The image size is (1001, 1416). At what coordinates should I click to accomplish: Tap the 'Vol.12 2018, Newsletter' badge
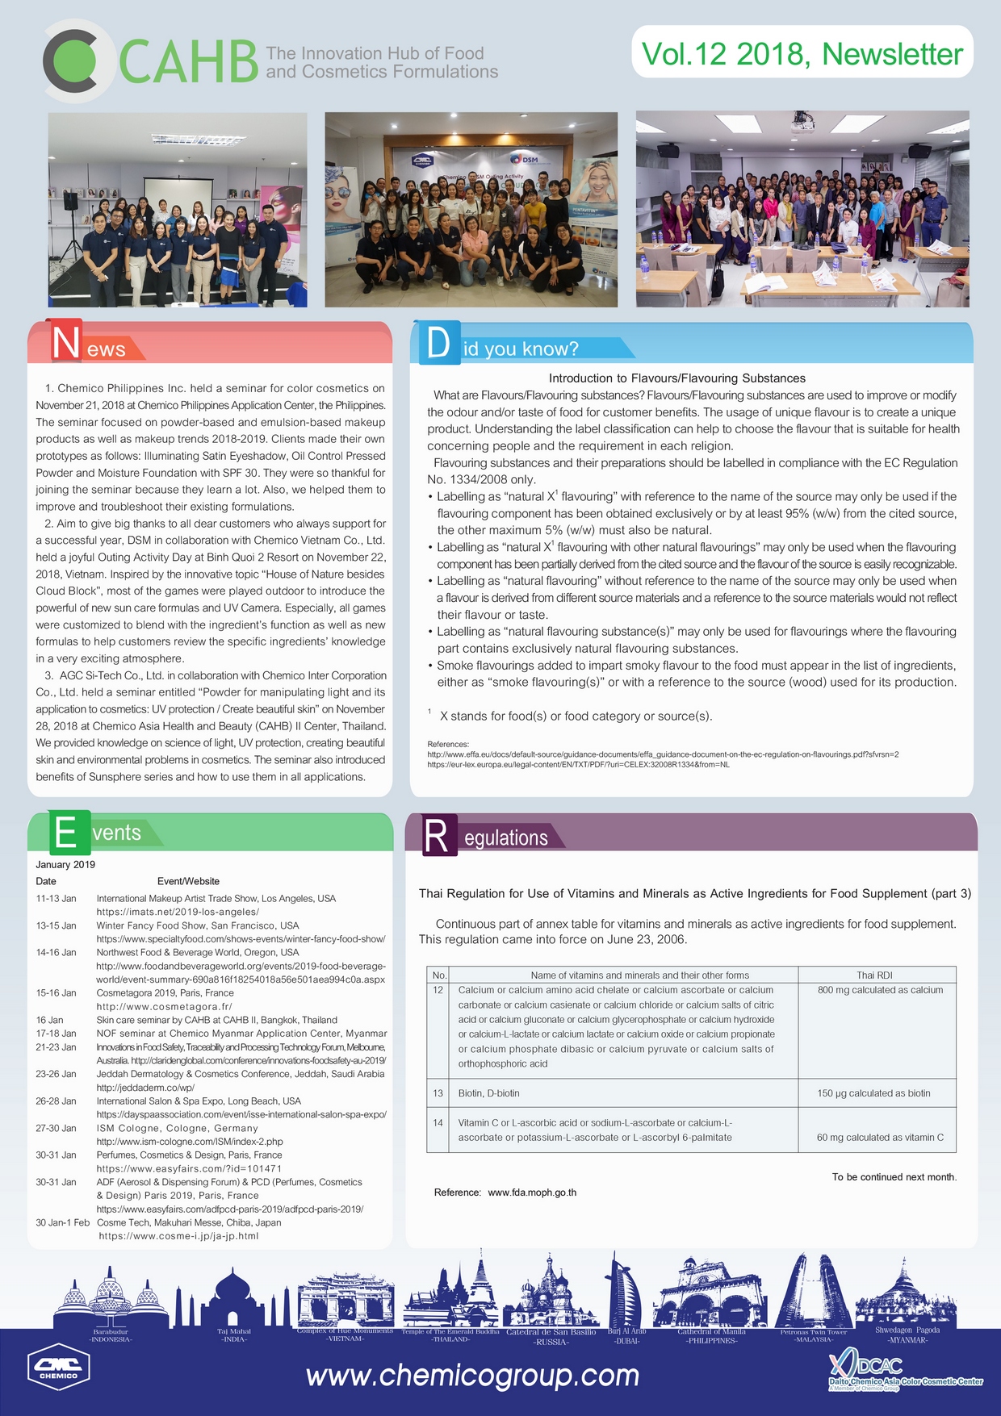click(x=802, y=53)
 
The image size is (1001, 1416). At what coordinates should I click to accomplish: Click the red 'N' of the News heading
click(x=65, y=341)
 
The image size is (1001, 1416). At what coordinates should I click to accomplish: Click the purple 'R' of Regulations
click(x=436, y=836)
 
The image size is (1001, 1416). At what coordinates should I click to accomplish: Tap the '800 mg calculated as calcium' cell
click(x=880, y=990)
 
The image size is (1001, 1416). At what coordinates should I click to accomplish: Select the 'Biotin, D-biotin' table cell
click(x=488, y=1093)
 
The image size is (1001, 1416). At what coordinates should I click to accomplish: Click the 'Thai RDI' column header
click(x=874, y=975)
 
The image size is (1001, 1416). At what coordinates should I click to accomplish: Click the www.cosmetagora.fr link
click(x=164, y=1007)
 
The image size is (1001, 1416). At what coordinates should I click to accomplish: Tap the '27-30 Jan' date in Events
click(x=56, y=1128)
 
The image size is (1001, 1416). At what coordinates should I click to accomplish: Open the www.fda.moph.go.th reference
click(x=532, y=1193)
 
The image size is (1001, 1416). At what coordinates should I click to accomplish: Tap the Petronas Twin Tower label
click(x=813, y=1332)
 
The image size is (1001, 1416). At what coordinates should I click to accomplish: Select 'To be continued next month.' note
click(x=894, y=1177)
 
